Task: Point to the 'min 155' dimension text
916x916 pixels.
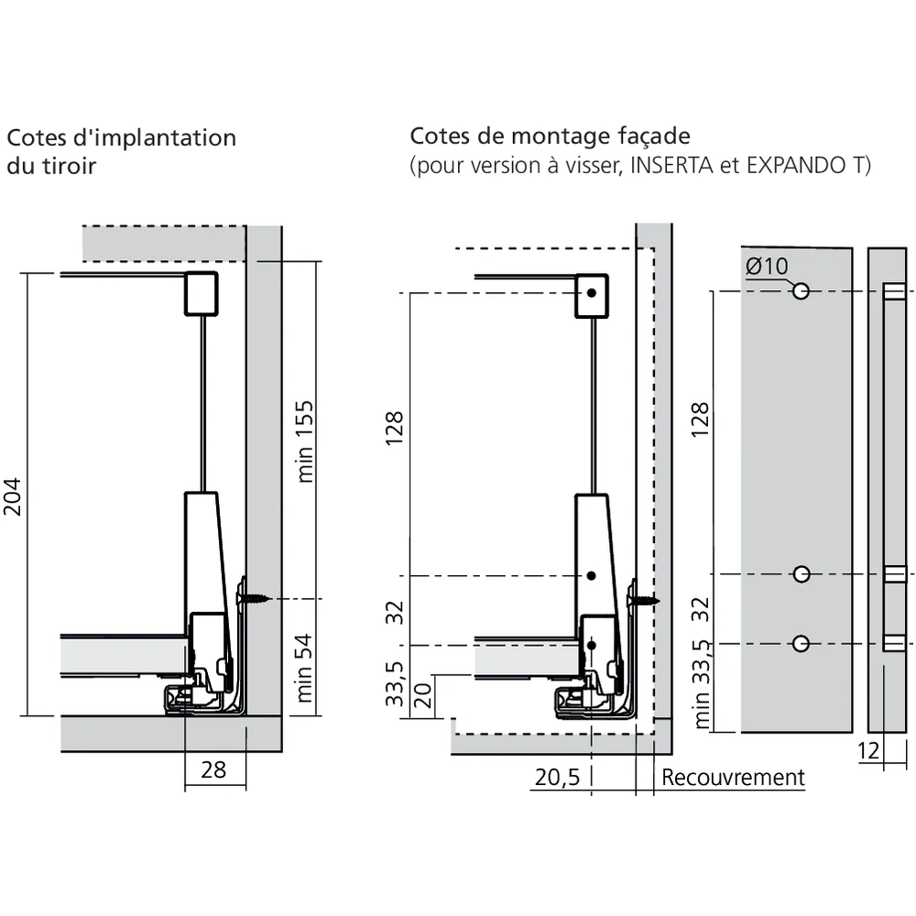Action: pyautogui.click(x=305, y=441)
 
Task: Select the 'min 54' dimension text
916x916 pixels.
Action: pyautogui.click(x=305, y=668)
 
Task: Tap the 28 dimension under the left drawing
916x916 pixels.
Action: pyautogui.click(x=213, y=769)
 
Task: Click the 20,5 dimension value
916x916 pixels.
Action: pyautogui.click(x=557, y=778)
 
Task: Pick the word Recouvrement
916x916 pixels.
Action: pyautogui.click(x=733, y=778)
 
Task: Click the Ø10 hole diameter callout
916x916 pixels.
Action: pyautogui.click(x=767, y=267)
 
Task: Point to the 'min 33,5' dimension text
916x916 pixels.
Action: pyautogui.click(x=701, y=684)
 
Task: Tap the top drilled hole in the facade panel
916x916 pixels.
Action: pyautogui.click(x=801, y=291)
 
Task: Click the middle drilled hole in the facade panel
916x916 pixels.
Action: pyautogui.click(x=801, y=574)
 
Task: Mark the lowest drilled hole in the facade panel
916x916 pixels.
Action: pyautogui.click(x=801, y=643)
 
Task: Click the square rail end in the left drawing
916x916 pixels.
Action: pyautogui.click(x=202, y=293)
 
